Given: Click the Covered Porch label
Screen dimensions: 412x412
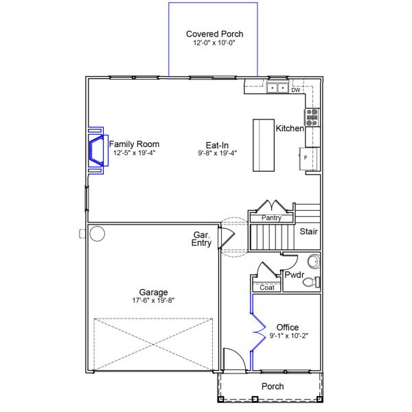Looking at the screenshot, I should tap(214, 34).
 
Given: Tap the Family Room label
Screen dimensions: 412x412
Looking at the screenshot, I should tap(135, 144).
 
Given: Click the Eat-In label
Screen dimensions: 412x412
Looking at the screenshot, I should tap(217, 145).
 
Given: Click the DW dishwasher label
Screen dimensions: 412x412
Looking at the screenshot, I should tap(296, 90).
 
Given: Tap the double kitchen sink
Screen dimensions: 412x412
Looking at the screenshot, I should tap(277, 88).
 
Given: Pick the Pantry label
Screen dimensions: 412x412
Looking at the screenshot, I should tap(271, 218).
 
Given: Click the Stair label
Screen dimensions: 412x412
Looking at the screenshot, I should tap(308, 231).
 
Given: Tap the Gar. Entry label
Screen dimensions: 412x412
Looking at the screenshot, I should tap(201, 238).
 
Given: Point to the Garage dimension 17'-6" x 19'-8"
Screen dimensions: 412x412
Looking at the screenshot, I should tap(153, 301).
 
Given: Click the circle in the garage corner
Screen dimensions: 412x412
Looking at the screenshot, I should tap(96, 234).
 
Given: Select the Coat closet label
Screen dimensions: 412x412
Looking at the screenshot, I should tap(267, 288).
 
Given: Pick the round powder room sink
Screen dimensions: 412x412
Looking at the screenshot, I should tap(313, 262).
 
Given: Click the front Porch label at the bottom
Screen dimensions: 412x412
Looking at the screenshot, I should tap(272, 387).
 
